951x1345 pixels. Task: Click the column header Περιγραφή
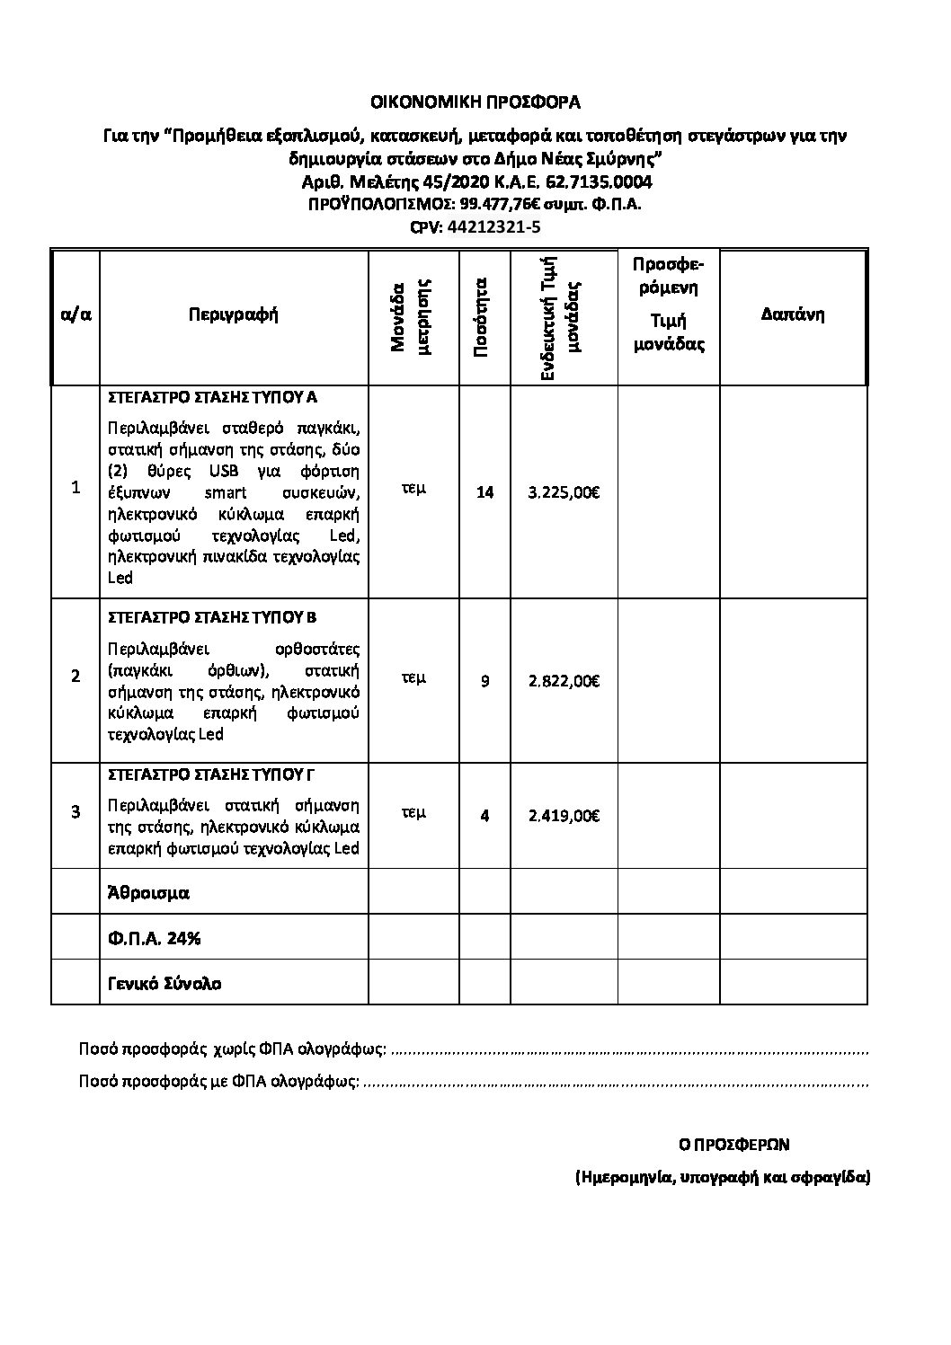(x=234, y=314)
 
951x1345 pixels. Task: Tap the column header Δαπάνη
(x=793, y=314)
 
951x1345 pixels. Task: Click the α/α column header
(x=76, y=314)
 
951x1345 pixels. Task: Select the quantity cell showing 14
(x=484, y=492)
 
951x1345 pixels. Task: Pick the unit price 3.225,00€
(x=564, y=492)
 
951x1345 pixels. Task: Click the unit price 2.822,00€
(x=564, y=681)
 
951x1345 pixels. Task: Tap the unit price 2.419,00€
(x=564, y=816)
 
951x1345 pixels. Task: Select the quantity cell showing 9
(x=484, y=681)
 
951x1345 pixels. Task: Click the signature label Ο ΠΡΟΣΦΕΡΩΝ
(x=733, y=1145)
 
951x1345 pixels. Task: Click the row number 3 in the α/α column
(x=76, y=811)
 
